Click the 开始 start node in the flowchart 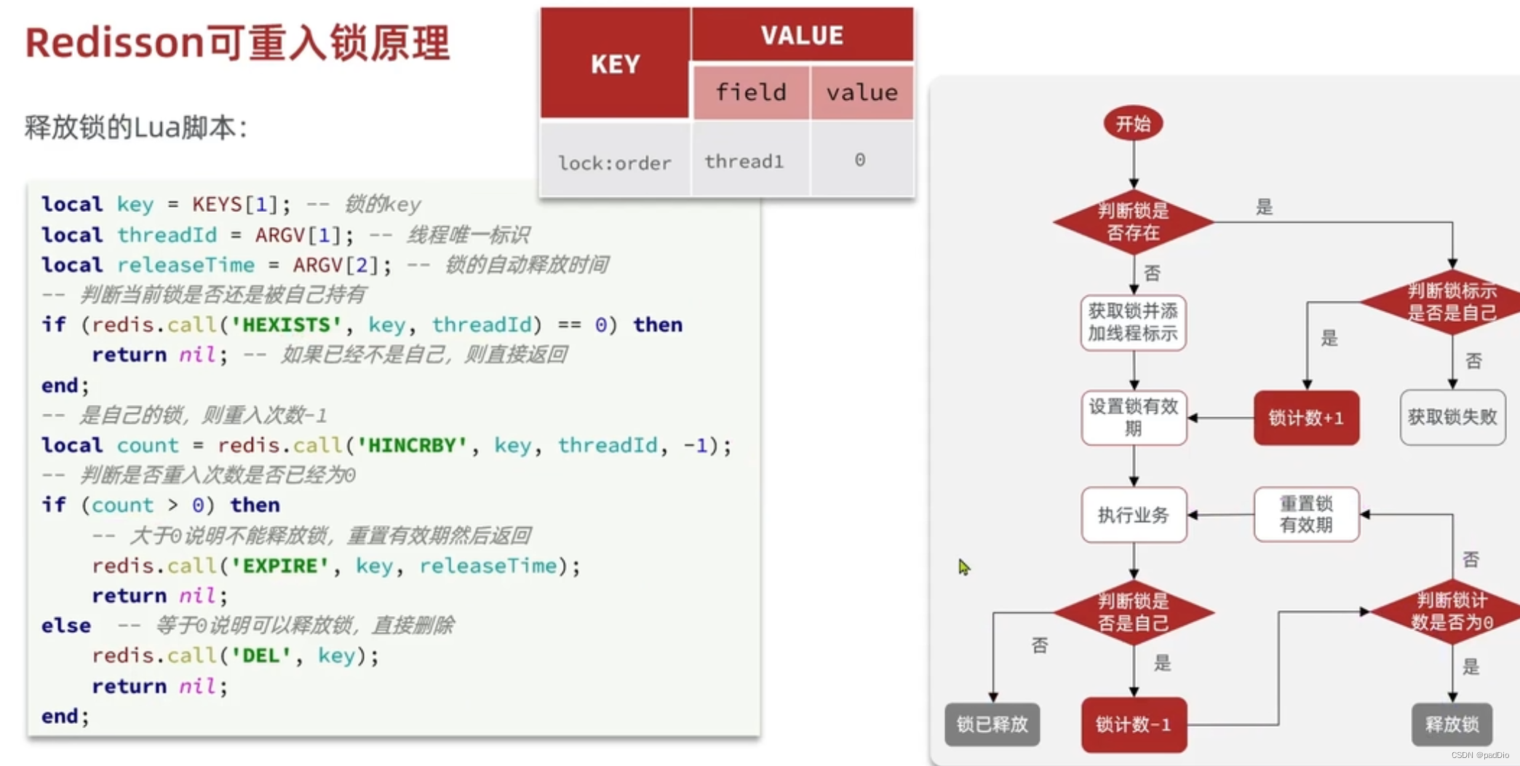coord(1133,124)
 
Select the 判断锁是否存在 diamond coord(1133,222)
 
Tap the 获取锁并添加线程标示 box coord(1133,322)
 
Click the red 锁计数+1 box coord(1306,418)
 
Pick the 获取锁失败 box coord(1452,417)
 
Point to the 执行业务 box coord(1133,515)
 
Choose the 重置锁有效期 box coord(1306,514)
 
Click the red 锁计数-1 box coord(1133,724)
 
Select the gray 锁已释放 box coord(992,724)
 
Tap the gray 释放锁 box coord(1452,724)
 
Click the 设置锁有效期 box coord(1133,417)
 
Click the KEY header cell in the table coord(615,64)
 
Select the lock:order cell coord(615,162)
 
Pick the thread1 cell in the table coord(744,161)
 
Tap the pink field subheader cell coord(751,92)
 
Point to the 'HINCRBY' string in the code coord(413,445)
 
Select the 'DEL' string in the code coord(260,655)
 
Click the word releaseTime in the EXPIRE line coord(488,566)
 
